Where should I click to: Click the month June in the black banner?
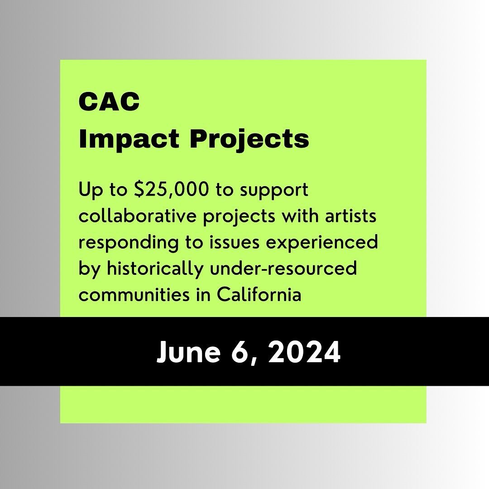186,352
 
